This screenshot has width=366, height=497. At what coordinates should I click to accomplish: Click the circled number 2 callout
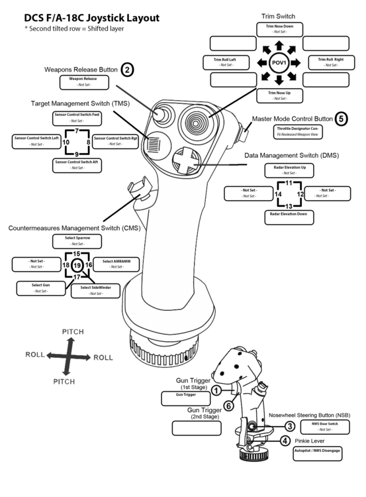[x=128, y=69]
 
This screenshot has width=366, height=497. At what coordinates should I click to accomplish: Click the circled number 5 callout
[x=342, y=119]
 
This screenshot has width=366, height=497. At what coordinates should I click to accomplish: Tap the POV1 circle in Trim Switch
[x=279, y=63]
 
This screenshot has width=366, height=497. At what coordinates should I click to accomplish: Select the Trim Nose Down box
[x=279, y=28]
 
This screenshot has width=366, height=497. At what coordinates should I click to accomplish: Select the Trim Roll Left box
[x=225, y=62]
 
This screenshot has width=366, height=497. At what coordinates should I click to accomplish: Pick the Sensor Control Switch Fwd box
[x=77, y=118]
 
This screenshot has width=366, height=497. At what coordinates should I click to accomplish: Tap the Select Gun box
[x=39, y=288]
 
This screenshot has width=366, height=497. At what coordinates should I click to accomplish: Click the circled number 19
[x=77, y=265]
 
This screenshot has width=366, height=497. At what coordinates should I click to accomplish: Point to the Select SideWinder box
[x=96, y=290]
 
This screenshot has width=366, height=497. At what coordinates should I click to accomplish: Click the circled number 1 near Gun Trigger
[x=216, y=391]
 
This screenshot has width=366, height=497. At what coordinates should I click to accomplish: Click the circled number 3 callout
[x=289, y=425]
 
